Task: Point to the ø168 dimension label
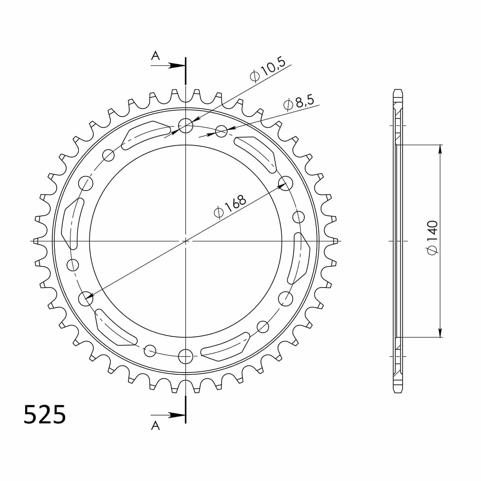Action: [230, 206]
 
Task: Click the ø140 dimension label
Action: [432, 238]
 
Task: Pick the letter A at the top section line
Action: [155, 55]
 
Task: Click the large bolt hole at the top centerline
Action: [186, 126]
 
